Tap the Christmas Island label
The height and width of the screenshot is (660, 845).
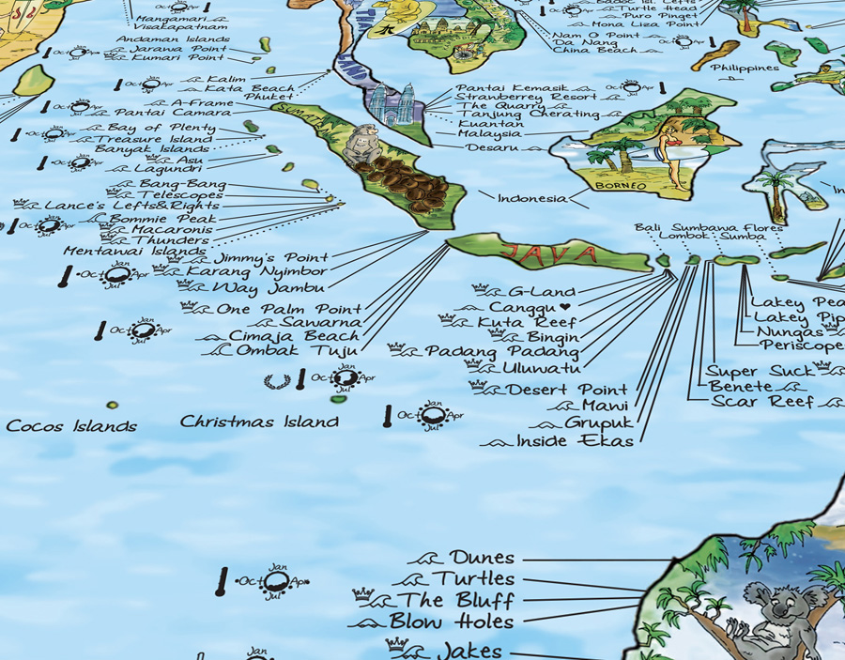point(259,422)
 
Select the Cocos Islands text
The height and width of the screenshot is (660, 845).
point(71,426)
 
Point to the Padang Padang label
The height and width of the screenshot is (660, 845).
point(501,351)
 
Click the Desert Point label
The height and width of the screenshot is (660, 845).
point(567,390)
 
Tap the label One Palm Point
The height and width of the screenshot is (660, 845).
point(288,309)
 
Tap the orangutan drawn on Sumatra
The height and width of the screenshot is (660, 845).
point(361,147)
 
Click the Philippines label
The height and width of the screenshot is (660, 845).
point(744,68)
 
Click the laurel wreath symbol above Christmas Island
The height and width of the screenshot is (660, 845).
point(277,380)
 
